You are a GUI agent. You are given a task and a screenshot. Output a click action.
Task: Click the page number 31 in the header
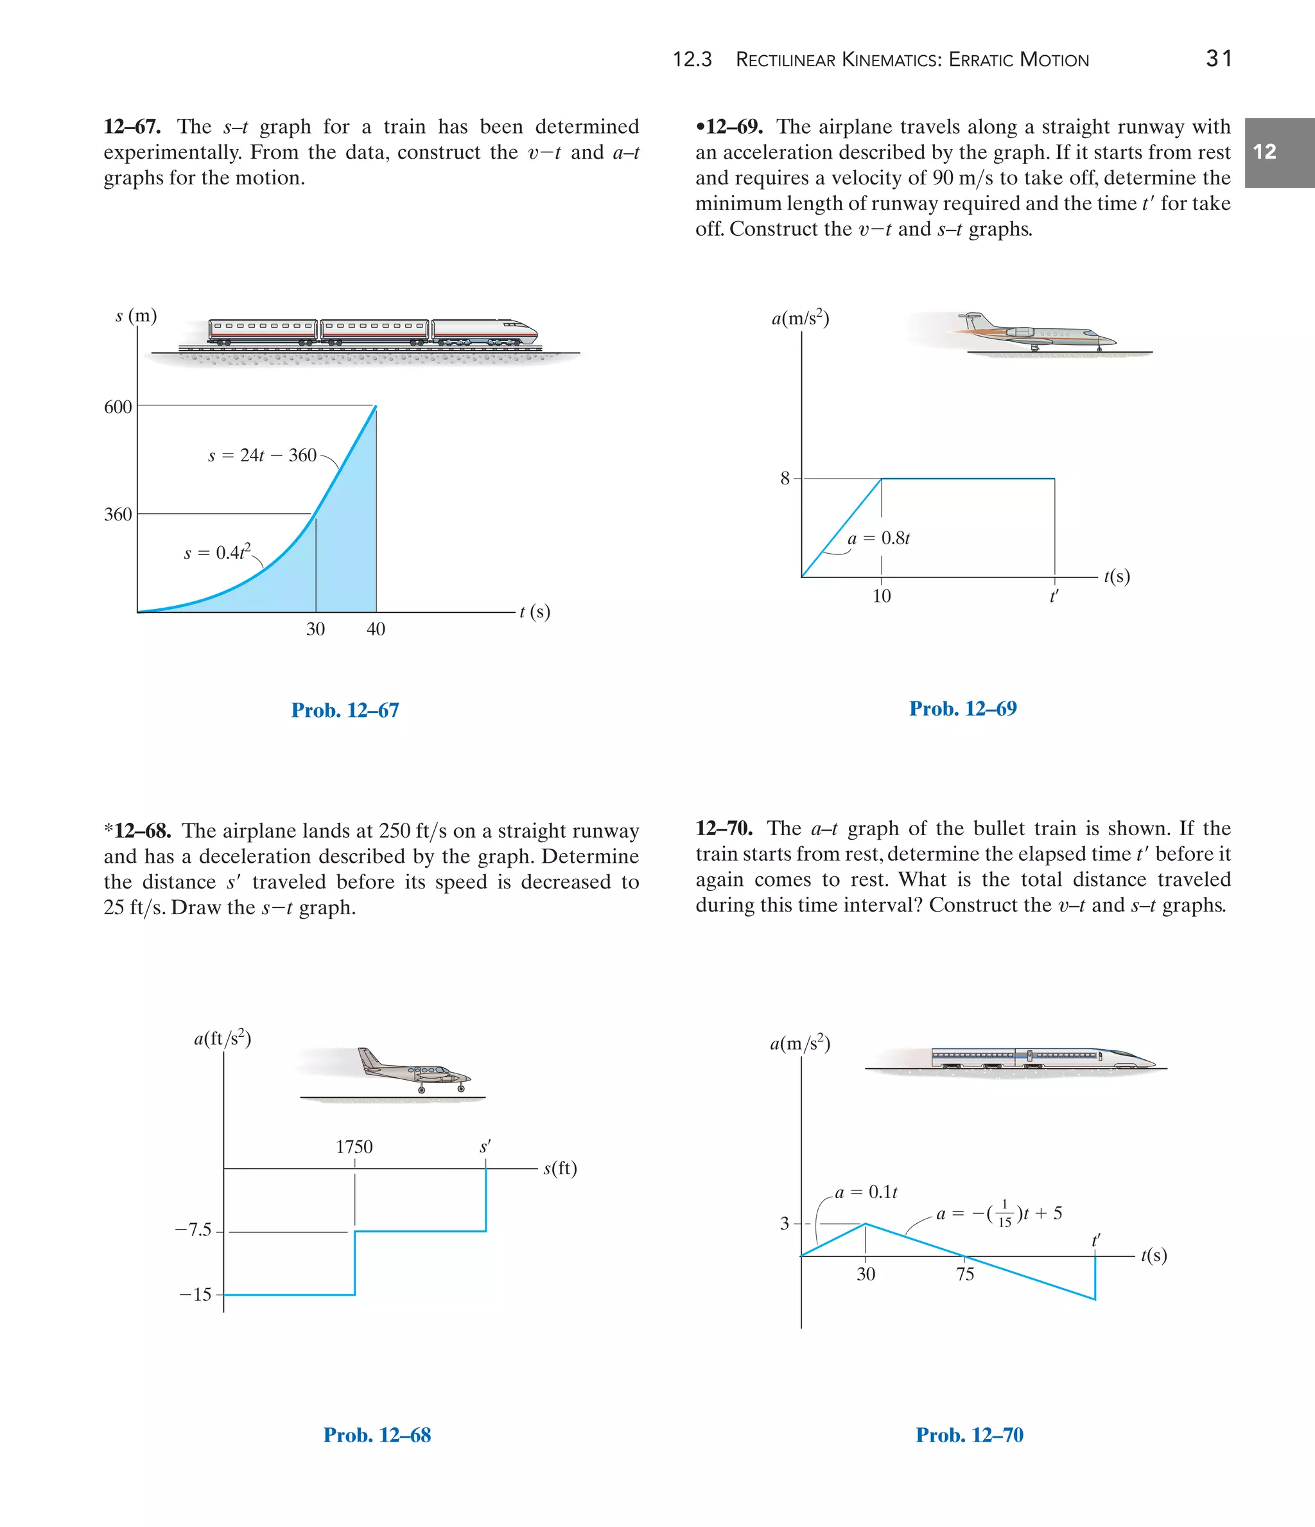pos(1219,58)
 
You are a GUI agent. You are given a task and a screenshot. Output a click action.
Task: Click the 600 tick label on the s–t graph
pos(118,407)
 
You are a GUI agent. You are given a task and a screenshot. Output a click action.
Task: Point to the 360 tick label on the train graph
pos(118,515)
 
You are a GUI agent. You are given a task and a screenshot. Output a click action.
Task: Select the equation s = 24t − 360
pos(262,455)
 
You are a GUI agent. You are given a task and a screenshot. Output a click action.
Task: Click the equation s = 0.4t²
pos(217,552)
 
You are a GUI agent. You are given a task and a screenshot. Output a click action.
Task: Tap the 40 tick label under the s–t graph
pos(376,629)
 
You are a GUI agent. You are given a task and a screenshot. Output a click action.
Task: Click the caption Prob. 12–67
pos(345,711)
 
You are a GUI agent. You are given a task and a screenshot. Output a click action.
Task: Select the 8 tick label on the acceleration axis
pos(785,479)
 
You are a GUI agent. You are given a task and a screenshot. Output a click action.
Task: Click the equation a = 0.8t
pos(878,539)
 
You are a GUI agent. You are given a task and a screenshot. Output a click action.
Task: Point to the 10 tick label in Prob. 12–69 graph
pos(881,596)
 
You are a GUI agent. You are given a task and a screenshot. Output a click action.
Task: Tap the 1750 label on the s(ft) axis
pos(354,1147)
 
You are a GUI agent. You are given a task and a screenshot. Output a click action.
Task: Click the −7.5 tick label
pos(193,1230)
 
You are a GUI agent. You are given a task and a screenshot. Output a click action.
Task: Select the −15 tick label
pos(195,1294)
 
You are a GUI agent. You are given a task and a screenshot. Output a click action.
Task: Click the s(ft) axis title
pos(560,1168)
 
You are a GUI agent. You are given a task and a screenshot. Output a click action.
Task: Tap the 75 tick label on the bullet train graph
pos(965,1275)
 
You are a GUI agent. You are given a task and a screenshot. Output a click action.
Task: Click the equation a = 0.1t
pos(866,1192)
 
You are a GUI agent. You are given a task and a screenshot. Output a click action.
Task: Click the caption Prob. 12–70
pos(969,1435)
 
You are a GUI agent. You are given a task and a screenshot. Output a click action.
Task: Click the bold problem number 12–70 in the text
pos(724,828)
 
